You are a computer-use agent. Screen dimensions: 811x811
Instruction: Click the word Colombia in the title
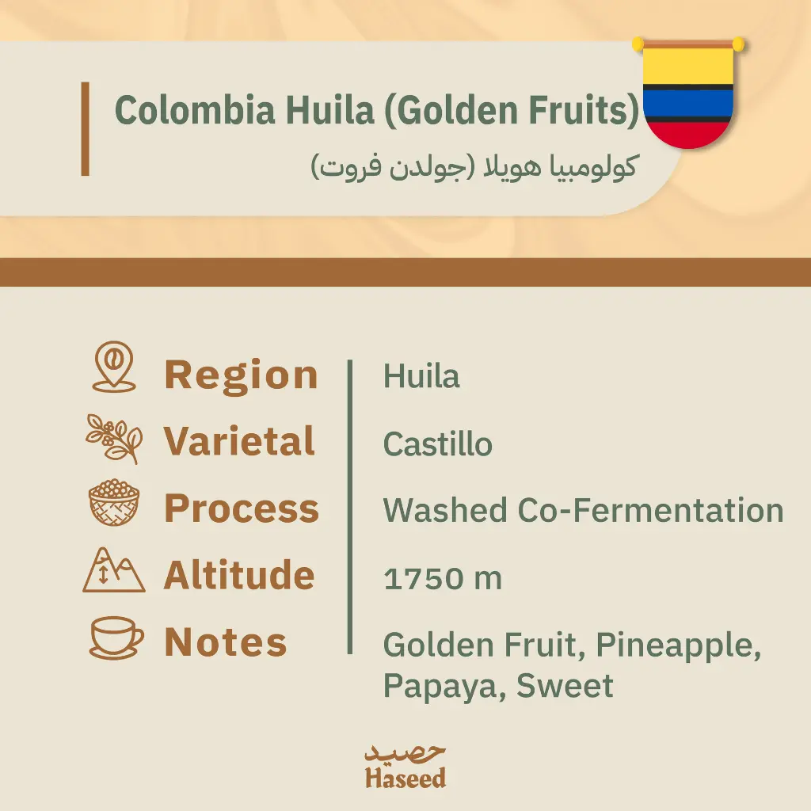pos(195,109)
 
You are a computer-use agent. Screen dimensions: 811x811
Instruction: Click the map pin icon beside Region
pos(114,367)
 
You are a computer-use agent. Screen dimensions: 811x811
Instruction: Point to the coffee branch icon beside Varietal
pos(114,439)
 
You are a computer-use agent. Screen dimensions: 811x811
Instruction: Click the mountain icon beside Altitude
pos(114,570)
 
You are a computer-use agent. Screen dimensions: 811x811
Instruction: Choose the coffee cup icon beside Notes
pos(116,638)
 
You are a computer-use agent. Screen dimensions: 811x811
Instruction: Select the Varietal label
pos(239,441)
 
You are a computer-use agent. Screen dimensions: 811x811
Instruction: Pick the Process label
pos(242,508)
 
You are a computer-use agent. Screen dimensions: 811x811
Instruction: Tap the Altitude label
pos(239,575)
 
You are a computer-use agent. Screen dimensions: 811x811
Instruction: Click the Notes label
pos(226,642)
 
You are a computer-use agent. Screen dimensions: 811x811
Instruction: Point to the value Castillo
pos(437,444)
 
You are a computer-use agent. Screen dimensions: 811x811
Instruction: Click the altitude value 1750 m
pos(443,578)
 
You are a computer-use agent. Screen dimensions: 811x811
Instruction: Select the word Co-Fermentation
pos(651,510)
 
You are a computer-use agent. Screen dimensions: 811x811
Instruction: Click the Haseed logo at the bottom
pos(405,767)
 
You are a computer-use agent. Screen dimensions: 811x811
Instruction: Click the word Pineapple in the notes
pos(679,645)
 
